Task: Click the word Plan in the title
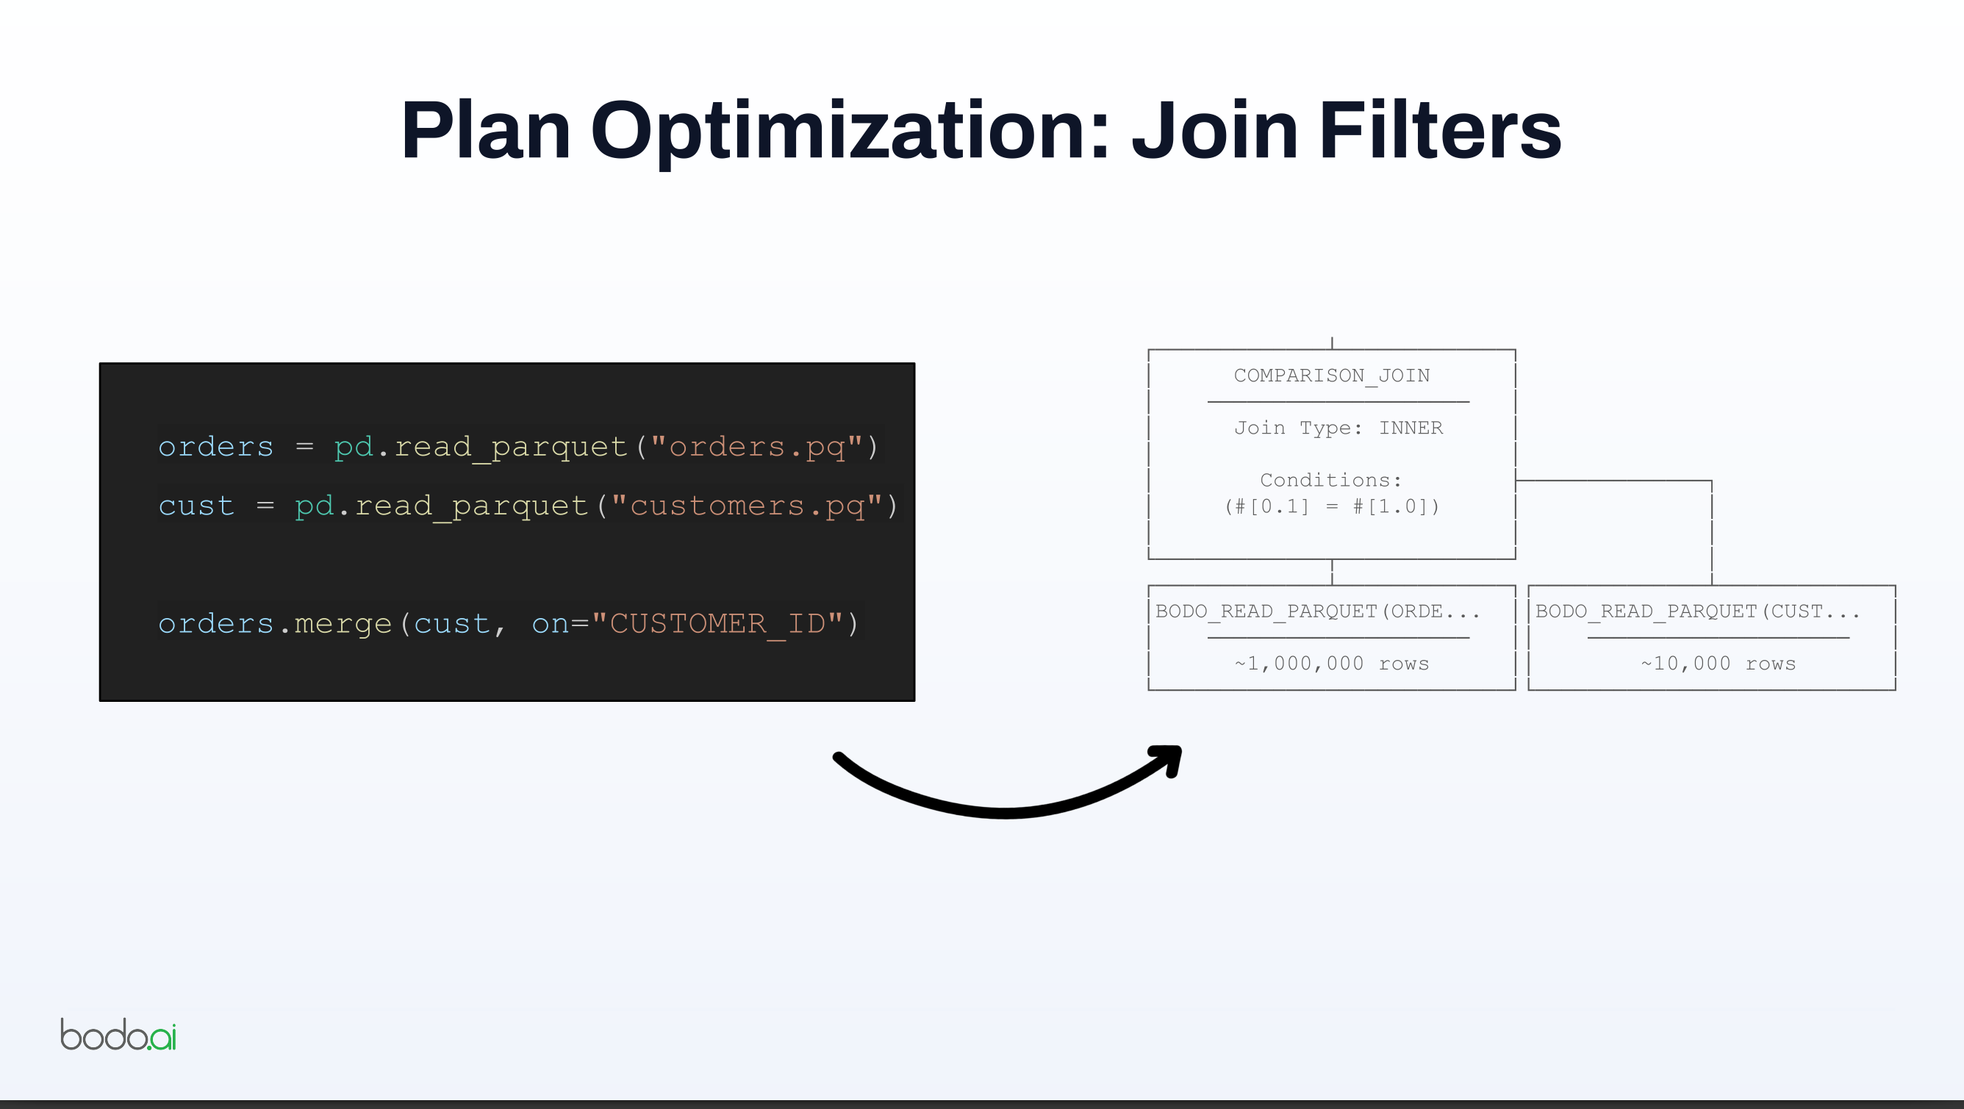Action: click(487, 130)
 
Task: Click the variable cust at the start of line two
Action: click(197, 506)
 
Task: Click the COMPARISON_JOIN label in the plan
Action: click(1332, 376)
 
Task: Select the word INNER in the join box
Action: click(1411, 428)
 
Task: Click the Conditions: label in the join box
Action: click(1331, 480)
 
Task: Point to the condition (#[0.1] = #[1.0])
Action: click(1332, 506)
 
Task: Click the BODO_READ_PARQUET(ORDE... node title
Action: click(1317, 611)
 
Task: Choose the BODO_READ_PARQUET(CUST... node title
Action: click(1697, 611)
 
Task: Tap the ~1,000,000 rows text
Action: click(1332, 664)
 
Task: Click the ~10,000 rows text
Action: click(1718, 664)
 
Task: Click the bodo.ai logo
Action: click(118, 1034)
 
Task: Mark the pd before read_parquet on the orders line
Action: click(354, 447)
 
